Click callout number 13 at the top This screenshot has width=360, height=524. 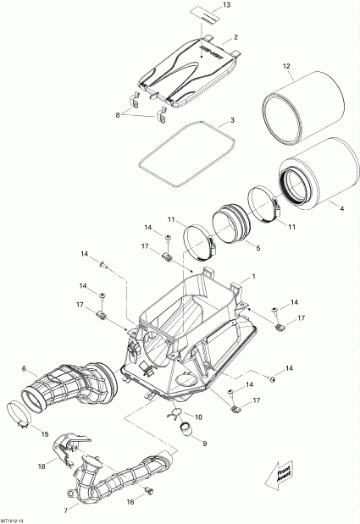226,6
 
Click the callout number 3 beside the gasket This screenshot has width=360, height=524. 232,121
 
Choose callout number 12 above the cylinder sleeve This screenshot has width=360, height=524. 287,67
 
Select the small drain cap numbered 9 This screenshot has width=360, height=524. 185,429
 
